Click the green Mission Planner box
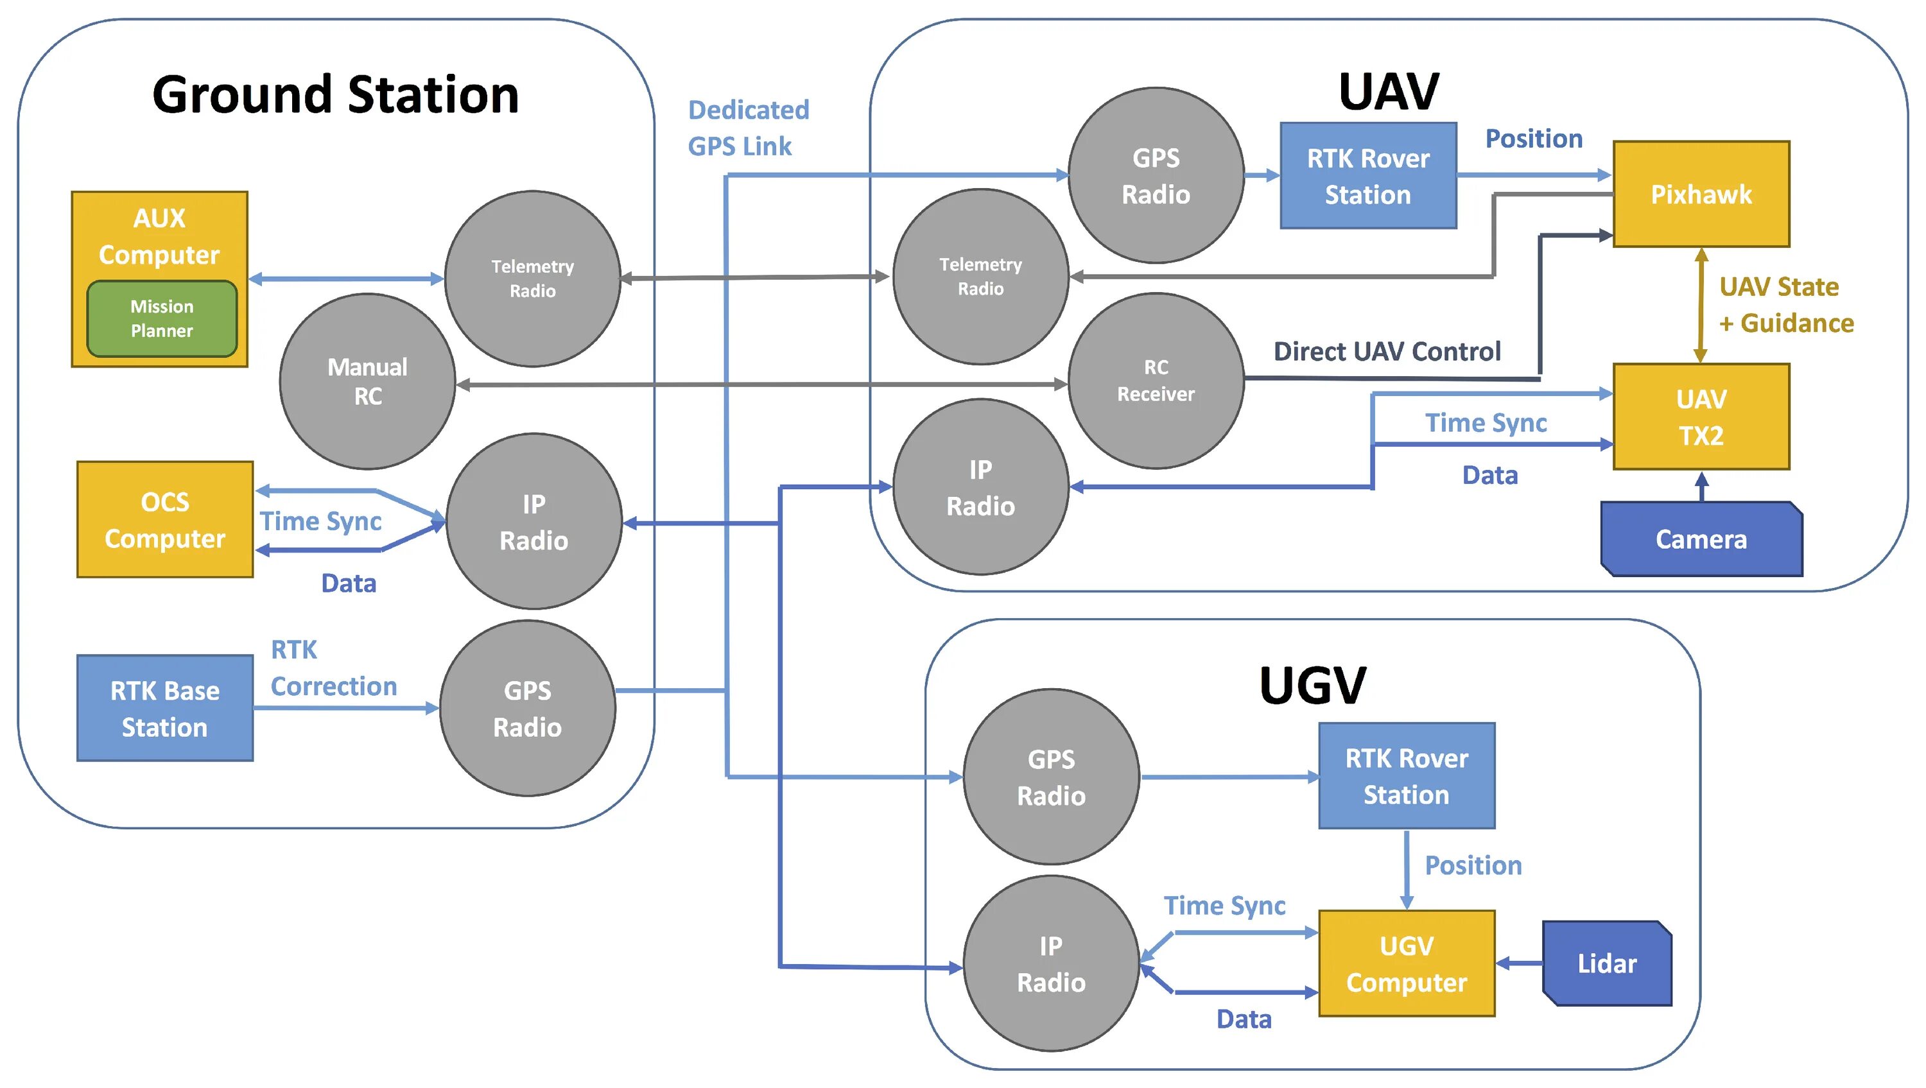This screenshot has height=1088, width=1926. point(162,318)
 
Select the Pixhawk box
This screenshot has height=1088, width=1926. point(1700,194)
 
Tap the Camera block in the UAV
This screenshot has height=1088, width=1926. point(1701,539)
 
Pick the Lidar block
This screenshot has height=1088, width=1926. point(1607,963)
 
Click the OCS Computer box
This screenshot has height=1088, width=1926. point(164,520)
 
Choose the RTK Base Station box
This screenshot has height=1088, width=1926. point(164,708)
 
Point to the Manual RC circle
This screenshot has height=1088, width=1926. point(367,381)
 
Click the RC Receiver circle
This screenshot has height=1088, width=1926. point(1155,381)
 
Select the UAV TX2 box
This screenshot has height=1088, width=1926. point(1701,417)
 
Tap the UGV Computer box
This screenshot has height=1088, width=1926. point(1407,963)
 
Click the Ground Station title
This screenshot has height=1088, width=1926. point(336,95)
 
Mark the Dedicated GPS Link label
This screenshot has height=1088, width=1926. point(748,128)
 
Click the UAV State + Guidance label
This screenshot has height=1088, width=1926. point(1785,305)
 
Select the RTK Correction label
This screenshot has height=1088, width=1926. point(333,668)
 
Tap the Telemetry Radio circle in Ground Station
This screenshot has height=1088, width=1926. point(532,278)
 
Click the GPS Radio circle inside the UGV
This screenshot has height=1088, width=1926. point(1050,777)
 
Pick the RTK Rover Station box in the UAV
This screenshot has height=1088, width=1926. point(1367,177)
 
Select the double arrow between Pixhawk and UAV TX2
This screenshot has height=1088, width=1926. point(1700,305)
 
